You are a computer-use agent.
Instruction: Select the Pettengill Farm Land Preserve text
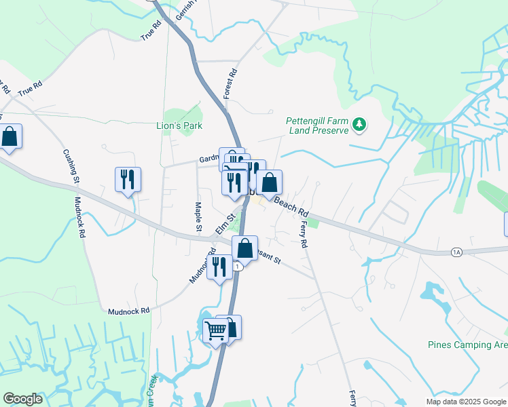[318, 125]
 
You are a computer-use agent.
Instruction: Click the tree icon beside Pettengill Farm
[361, 125]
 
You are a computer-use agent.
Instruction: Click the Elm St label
[225, 224]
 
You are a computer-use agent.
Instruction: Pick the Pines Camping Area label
[467, 345]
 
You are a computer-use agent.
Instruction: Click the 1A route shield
[456, 252]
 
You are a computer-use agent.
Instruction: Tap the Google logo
[23, 399]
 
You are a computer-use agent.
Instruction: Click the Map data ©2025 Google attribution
[465, 401]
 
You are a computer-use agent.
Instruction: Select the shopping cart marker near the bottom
[215, 332]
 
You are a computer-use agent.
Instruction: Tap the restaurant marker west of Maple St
[128, 180]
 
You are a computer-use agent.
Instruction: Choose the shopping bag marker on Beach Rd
[269, 182]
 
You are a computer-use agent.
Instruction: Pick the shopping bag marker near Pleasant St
[245, 248]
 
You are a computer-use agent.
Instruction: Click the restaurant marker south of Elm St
[219, 267]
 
